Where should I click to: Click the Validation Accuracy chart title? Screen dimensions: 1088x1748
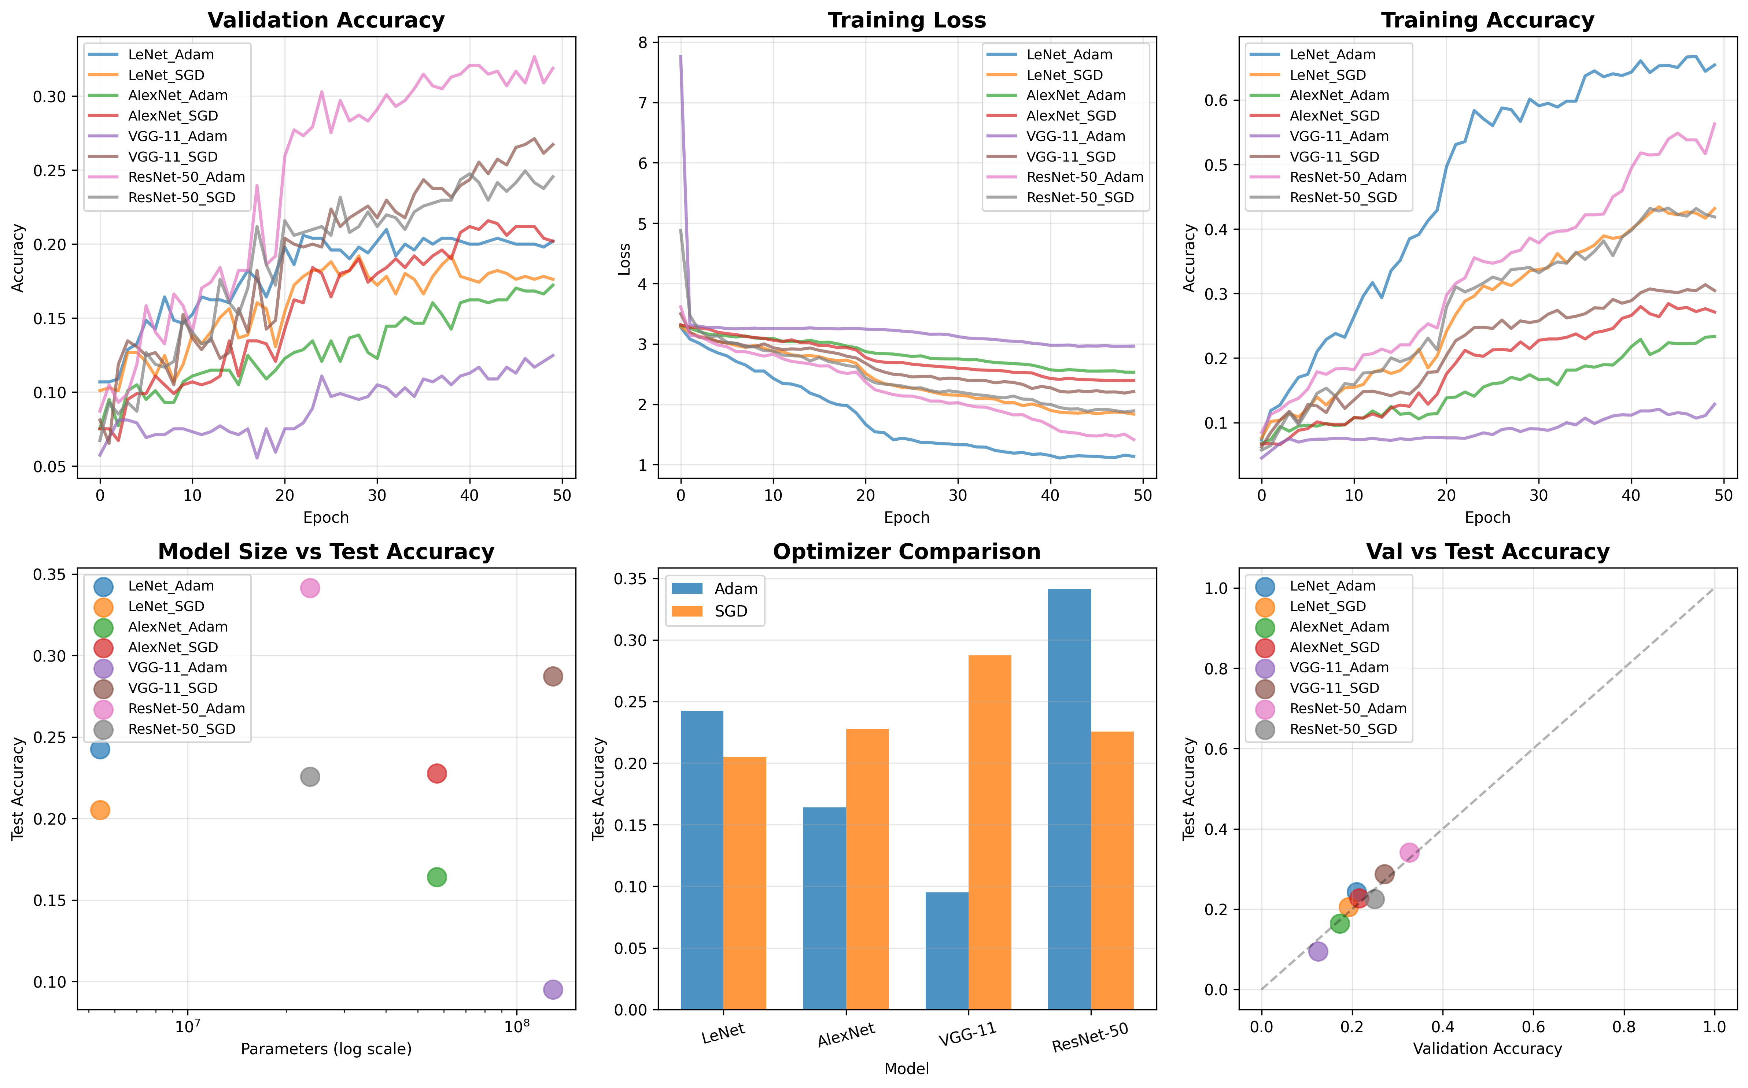pyautogui.click(x=326, y=20)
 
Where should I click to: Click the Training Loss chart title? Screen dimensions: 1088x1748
pyautogui.click(x=907, y=20)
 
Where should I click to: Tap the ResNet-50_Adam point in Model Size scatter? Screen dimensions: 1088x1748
pyautogui.click(x=309, y=588)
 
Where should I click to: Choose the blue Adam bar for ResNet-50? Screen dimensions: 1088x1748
pyautogui.click(x=1069, y=799)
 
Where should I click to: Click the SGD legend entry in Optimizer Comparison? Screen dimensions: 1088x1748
pyautogui.click(x=730, y=611)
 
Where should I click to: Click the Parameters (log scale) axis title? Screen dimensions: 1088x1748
pyautogui.click(x=326, y=1049)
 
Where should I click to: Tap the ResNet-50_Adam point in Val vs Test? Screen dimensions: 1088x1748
pyautogui.click(x=1409, y=853)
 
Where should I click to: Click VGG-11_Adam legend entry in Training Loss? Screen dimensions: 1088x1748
pyautogui.click(x=1075, y=136)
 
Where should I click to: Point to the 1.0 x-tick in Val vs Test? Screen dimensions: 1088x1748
pyautogui.click(x=1715, y=1026)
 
